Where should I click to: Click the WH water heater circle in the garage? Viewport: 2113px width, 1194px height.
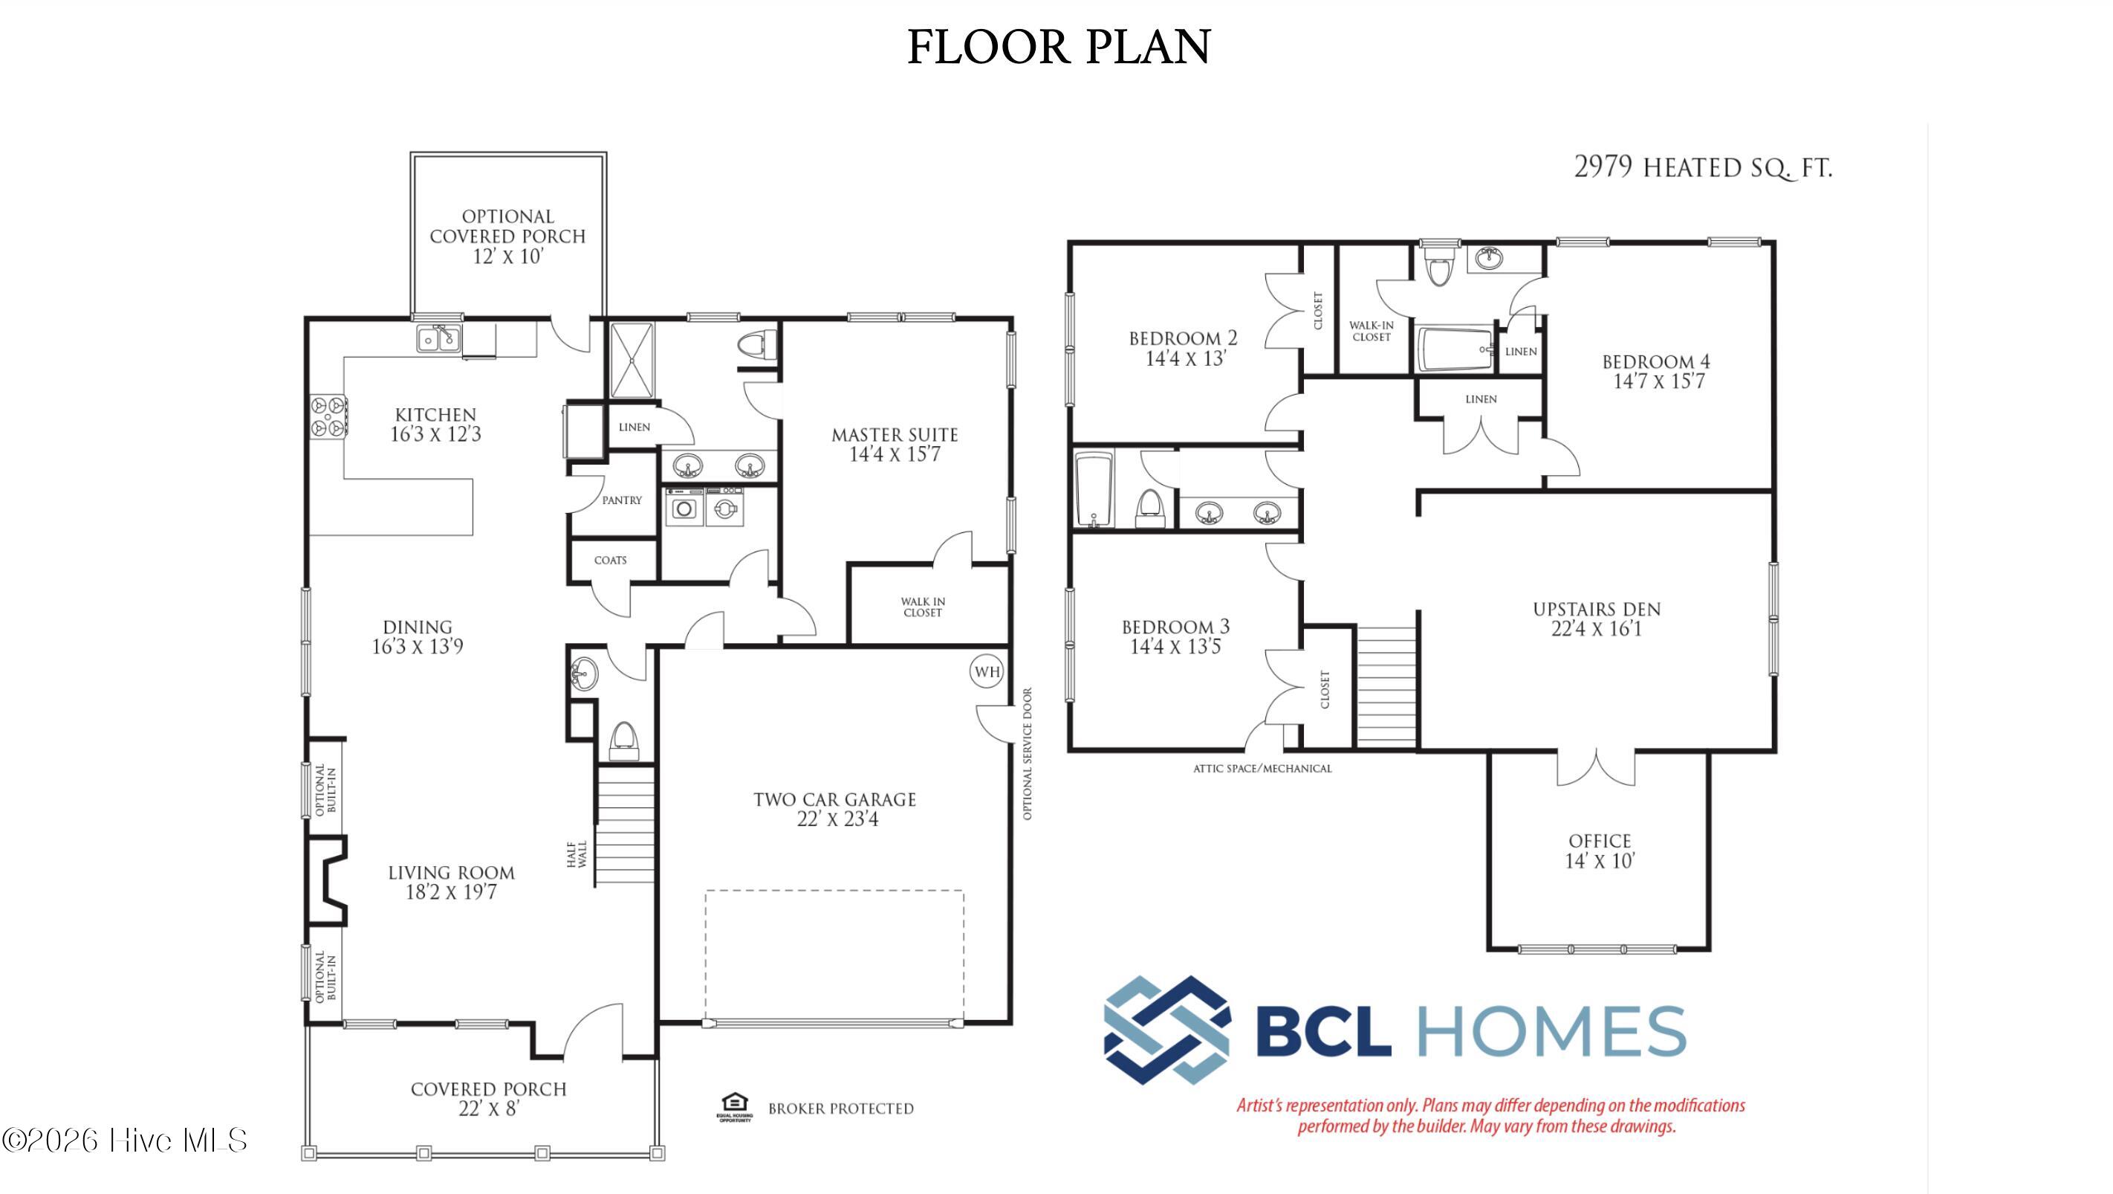tap(987, 671)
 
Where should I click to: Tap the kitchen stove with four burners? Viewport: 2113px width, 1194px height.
tap(329, 416)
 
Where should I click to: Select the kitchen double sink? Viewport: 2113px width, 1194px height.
tap(439, 338)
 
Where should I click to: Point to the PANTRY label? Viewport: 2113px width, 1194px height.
tap(622, 500)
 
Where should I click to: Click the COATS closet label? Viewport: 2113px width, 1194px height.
tap(610, 560)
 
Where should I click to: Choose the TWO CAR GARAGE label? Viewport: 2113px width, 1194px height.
tap(835, 799)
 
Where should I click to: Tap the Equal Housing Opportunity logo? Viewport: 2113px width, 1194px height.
tap(735, 1106)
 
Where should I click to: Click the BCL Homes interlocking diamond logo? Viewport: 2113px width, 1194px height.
tap(1166, 1030)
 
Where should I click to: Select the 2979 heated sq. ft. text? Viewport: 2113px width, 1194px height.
tap(1703, 167)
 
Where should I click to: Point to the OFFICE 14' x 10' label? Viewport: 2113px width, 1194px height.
tap(1600, 851)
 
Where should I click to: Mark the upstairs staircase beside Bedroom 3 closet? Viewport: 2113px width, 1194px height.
tap(1387, 687)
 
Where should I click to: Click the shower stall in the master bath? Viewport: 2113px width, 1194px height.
tap(632, 361)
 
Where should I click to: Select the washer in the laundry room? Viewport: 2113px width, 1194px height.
tap(684, 507)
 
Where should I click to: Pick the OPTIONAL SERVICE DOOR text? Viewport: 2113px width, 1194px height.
tap(1027, 753)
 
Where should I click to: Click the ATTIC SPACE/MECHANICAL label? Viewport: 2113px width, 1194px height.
tap(1262, 768)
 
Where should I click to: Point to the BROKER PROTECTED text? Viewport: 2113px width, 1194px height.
tap(841, 1109)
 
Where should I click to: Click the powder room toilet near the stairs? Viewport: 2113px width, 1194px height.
tap(623, 740)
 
